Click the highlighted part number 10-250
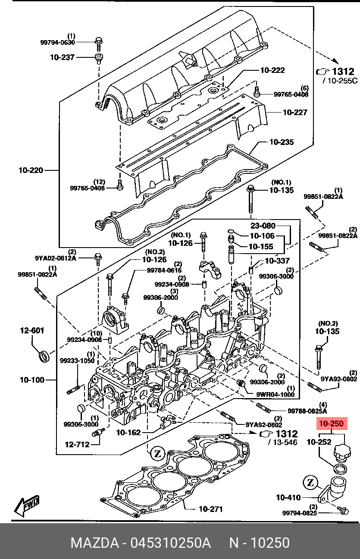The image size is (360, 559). [331, 424]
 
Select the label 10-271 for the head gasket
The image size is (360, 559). [210, 509]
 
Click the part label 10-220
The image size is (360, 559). [31, 170]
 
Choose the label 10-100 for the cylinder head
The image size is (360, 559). [32, 380]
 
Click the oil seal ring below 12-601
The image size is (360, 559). [44, 357]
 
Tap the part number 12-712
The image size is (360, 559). [77, 444]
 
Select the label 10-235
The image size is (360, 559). [282, 141]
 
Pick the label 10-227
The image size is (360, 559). [295, 113]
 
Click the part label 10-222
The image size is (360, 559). [272, 70]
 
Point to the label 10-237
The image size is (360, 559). [63, 57]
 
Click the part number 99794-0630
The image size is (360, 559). [58, 42]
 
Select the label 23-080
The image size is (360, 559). [263, 226]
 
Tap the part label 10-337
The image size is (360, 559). [277, 261]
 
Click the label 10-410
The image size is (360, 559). [288, 498]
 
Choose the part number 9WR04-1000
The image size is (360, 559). [275, 394]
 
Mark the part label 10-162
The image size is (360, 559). [128, 432]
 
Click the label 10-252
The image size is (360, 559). [319, 442]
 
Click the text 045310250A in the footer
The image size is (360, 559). [171, 543]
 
